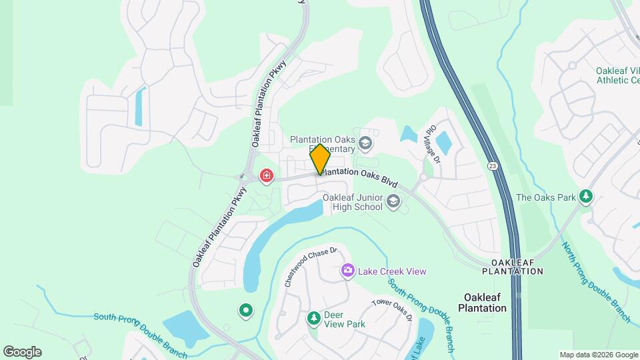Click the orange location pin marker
tap(320, 159)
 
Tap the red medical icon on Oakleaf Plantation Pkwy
tap(267, 176)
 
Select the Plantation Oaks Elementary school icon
tap(365, 143)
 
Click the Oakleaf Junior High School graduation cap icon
tap(393, 201)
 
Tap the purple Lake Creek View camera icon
tap(347, 271)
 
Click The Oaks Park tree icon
tap(586, 197)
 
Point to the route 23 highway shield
tap(493, 165)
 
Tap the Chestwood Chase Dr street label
tap(311, 267)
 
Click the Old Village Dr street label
tap(432, 143)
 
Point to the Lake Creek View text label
tap(392, 271)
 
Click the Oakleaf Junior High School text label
tap(353, 201)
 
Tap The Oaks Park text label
tap(546, 197)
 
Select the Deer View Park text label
tap(345, 319)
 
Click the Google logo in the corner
tap(22, 352)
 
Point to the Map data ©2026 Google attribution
tap(598, 355)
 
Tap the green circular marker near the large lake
tap(246, 310)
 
